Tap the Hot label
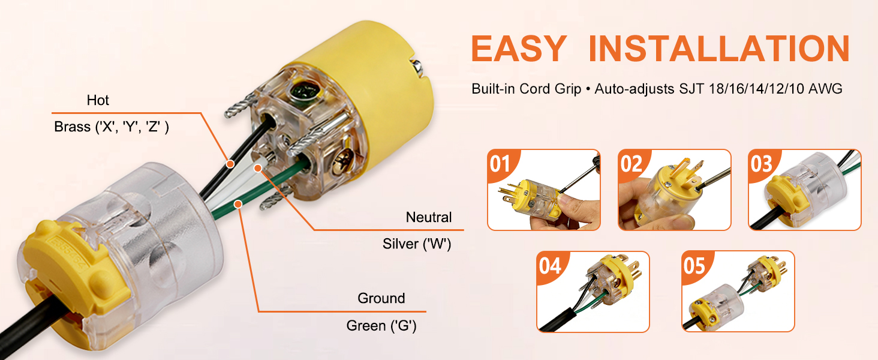point(98,100)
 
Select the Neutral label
point(428,217)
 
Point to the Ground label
point(381,298)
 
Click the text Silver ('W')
point(417,244)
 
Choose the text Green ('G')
point(381,326)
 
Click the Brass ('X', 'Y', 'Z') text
point(112,127)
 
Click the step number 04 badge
point(550,266)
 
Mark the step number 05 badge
point(694,266)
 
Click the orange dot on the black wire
point(230,164)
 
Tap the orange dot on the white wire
point(257,168)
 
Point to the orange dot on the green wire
point(238,204)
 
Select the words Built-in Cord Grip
point(526,89)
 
